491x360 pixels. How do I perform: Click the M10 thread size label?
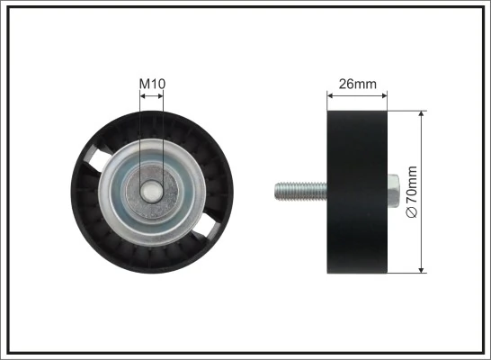pos(152,85)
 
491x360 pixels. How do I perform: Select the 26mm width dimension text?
pos(356,85)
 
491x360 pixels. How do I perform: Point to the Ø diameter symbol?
pos(413,211)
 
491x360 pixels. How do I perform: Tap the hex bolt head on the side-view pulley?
pos(394,191)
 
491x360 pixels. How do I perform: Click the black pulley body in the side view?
pos(356,191)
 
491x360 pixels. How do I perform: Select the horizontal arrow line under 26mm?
pos(356,95)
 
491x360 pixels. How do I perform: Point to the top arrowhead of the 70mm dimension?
pos(422,114)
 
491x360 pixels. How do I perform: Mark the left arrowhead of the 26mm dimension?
pos(329,95)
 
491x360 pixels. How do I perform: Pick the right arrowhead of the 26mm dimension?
pos(384,95)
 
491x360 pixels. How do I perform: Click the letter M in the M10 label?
pos(145,85)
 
